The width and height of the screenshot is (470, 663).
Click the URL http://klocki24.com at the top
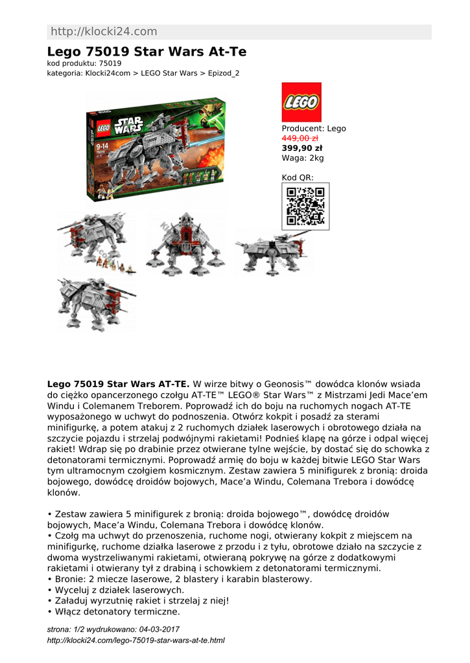coord(103,32)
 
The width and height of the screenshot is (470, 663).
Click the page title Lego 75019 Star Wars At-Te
coord(147,52)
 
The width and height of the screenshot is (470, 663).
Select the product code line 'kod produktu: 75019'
coord(84,63)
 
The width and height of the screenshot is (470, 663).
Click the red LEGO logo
coord(301,102)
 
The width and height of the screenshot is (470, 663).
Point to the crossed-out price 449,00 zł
coord(300,138)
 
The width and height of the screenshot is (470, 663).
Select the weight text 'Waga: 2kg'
coord(302,157)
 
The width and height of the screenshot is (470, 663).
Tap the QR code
coord(305,206)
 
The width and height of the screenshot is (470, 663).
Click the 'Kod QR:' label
coord(297,177)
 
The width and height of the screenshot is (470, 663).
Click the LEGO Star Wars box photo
coord(156,150)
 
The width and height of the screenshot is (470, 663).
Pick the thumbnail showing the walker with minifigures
coord(96,243)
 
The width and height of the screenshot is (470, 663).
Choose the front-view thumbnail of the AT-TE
coord(185,243)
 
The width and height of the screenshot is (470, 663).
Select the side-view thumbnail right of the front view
coord(272,249)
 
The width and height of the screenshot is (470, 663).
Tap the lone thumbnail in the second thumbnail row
coord(96,302)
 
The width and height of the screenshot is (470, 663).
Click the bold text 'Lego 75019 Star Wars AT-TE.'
coord(118,384)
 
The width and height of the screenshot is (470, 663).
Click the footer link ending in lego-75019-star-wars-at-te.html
coord(135,640)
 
